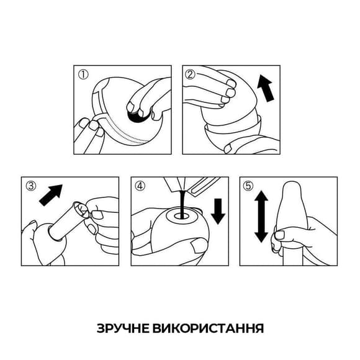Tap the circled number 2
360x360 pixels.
pyautogui.click(x=191, y=74)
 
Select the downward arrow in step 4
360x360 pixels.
pyautogui.click(x=218, y=210)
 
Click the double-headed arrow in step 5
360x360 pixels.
pyautogui.click(x=261, y=215)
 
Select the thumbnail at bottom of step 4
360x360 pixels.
pyautogui.click(x=197, y=249)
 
